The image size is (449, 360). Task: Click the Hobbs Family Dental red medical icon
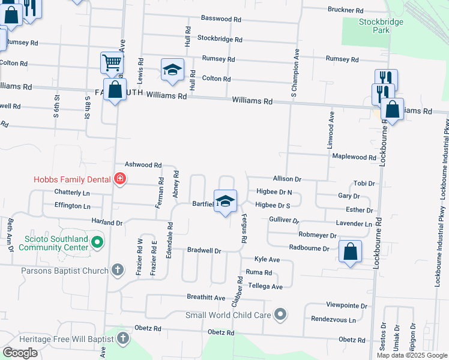click(x=119, y=179)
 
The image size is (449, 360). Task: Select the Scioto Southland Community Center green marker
click(x=97, y=243)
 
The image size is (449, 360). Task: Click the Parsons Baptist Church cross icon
click(x=118, y=270)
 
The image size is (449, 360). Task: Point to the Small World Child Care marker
click(x=280, y=314)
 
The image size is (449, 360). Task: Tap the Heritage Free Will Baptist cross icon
click(x=123, y=338)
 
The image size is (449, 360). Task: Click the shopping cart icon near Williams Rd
click(x=112, y=62)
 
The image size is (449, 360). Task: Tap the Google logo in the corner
click(x=20, y=353)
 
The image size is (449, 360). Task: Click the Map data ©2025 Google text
click(x=412, y=355)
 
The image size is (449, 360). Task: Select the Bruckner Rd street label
click(x=345, y=10)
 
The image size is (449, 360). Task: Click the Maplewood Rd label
click(x=354, y=157)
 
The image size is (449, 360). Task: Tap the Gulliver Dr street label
click(x=284, y=220)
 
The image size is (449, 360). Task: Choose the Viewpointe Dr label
click(x=346, y=305)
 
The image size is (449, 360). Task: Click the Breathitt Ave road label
click(x=206, y=298)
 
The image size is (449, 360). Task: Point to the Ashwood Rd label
click(x=143, y=164)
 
